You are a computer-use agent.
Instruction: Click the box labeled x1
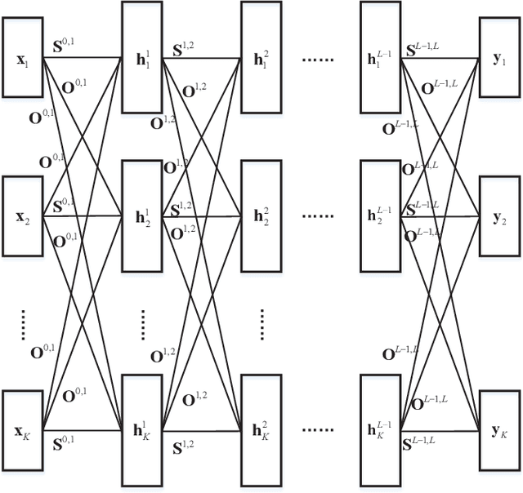pyautogui.click(x=22, y=58)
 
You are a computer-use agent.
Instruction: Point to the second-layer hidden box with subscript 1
pyautogui.click(x=261, y=57)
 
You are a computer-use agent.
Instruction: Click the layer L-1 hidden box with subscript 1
pyautogui.click(x=381, y=57)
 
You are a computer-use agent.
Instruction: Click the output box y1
pyautogui.click(x=500, y=58)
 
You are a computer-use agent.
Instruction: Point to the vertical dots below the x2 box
pyautogui.click(x=22, y=324)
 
